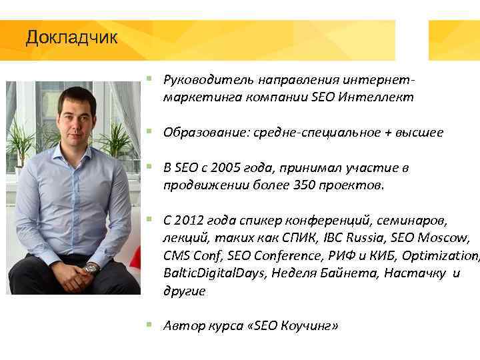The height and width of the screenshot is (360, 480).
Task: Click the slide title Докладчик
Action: pos(71,37)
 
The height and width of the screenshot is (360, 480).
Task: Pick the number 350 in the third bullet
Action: pos(301,185)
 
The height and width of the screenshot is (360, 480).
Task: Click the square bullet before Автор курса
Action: pos(149,325)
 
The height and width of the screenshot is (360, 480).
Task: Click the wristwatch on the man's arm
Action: pos(91,268)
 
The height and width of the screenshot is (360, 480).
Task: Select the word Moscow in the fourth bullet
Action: pos(450,238)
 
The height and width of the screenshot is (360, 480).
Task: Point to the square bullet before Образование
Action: pos(149,132)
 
